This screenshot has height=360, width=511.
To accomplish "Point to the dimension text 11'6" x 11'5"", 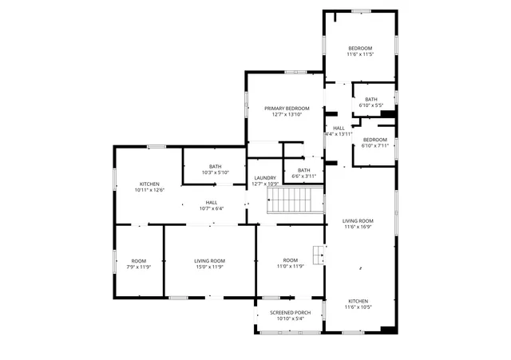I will (x=359, y=55).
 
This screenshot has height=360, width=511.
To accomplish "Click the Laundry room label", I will (x=265, y=178).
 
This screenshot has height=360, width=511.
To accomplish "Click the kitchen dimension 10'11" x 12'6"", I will (x=150, y=190).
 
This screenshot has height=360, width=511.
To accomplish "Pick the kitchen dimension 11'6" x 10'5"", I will (x=358, y=307).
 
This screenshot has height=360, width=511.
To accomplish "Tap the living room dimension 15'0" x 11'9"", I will (x=209, y=267).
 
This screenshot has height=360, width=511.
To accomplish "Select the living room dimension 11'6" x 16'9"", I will (x=358, y=227).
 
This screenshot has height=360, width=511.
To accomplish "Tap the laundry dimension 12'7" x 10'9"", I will (x=265, y=184).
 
